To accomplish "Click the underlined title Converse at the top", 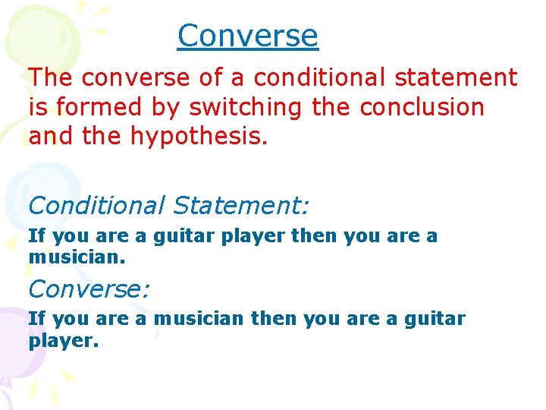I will point(248,36).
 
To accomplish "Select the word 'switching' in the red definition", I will point(245,107).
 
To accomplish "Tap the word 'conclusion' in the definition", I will point(422,107).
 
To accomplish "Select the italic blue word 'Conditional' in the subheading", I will point(96,205).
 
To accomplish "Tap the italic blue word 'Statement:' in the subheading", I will point(240,205).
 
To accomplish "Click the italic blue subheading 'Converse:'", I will point(89,289).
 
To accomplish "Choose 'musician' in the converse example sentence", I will point(199,319).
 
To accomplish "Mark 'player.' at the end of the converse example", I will point(64,340).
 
